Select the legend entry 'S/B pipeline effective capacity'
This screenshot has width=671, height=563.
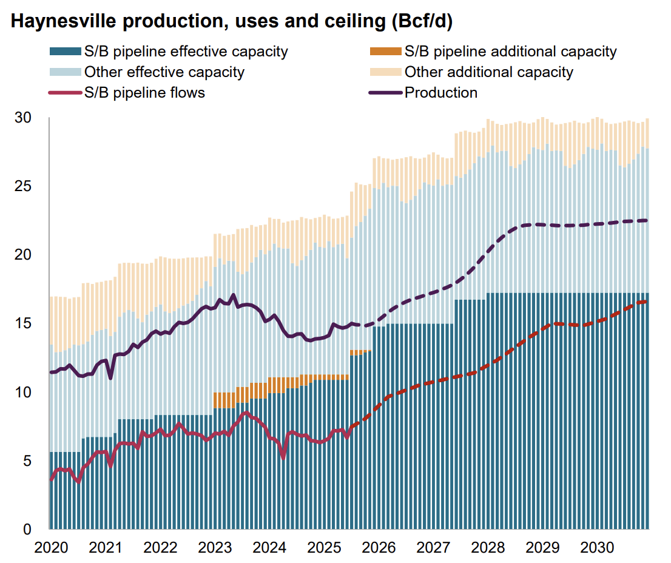[x=186, y=52]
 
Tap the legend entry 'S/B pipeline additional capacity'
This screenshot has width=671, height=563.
[x=510, y=52]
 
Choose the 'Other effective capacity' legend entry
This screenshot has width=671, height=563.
[x=164, y=72]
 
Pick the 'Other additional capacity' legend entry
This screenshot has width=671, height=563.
[x=488, y=72]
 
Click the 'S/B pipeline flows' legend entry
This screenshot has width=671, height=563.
[x=144, y=93]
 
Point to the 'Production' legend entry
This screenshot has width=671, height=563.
[x=440, y=93]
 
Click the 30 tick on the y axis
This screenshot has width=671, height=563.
[x=22, y=118]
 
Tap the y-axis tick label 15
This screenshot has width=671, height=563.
[x=22, y=323]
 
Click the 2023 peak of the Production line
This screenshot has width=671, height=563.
[x=234, y=295]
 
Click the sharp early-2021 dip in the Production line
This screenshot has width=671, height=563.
[x=110, y=378]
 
